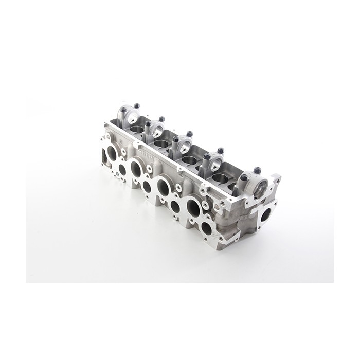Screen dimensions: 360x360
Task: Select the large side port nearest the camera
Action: click(x=193, y=207)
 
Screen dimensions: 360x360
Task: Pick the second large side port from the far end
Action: click(x=137, y=168)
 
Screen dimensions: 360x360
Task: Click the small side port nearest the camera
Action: click(x=207, y=228)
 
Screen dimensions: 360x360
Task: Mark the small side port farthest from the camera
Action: click(x=122, y=170)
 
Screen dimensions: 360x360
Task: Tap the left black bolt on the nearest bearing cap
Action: click(x=244, y=177)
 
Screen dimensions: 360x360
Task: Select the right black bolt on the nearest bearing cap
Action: click(x=257, y=170)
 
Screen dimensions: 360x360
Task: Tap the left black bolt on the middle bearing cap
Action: click(x=176, y=139)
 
